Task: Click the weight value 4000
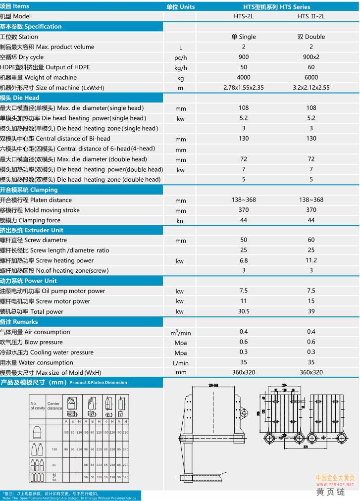[244, 77]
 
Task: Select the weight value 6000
[311, 77]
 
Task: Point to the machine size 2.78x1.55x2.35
[244, 88]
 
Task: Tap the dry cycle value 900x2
[311, 57]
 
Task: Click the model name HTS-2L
[244, 16]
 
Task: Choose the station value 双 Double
[311, 37]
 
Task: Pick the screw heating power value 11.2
[311, 260]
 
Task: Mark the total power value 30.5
[244, 311]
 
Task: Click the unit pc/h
[180, 57]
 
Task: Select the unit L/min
[180, 363]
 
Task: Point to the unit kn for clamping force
[180, 221]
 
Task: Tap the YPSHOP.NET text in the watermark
[335, 484]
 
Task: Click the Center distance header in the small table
[54, 406]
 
